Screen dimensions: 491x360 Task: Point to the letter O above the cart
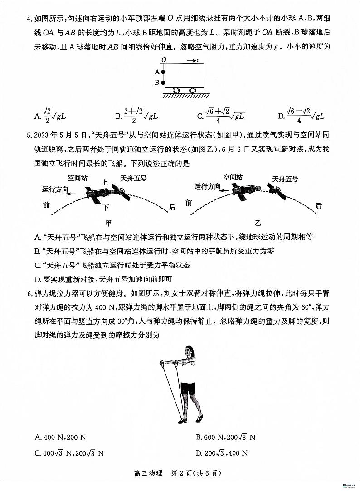click(x=164, y=60)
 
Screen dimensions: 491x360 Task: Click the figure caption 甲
click(x=108, y=223)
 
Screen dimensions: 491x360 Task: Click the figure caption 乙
click(x=258, y=223)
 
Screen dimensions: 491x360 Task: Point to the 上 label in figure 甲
click(x=105, y=182)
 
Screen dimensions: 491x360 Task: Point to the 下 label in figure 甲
click(x=106, y=208)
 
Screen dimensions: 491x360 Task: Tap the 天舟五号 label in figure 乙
click(x=285, y=179)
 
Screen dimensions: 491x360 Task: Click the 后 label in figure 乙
click(x=318, y=205)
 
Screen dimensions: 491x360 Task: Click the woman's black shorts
click(x=187, y=388)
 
